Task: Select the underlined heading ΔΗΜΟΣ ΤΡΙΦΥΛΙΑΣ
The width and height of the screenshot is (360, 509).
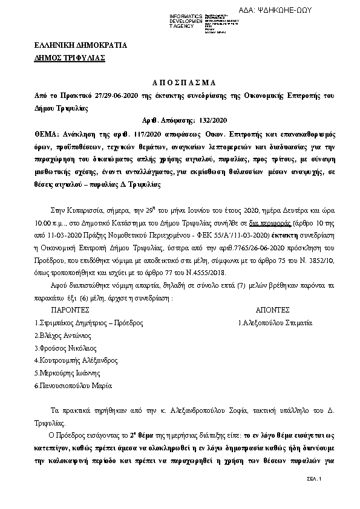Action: pos(70,57)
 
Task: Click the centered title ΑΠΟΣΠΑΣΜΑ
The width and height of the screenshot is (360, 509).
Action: pos(180,83)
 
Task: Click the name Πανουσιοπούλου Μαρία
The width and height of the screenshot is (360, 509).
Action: pos(73,385)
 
